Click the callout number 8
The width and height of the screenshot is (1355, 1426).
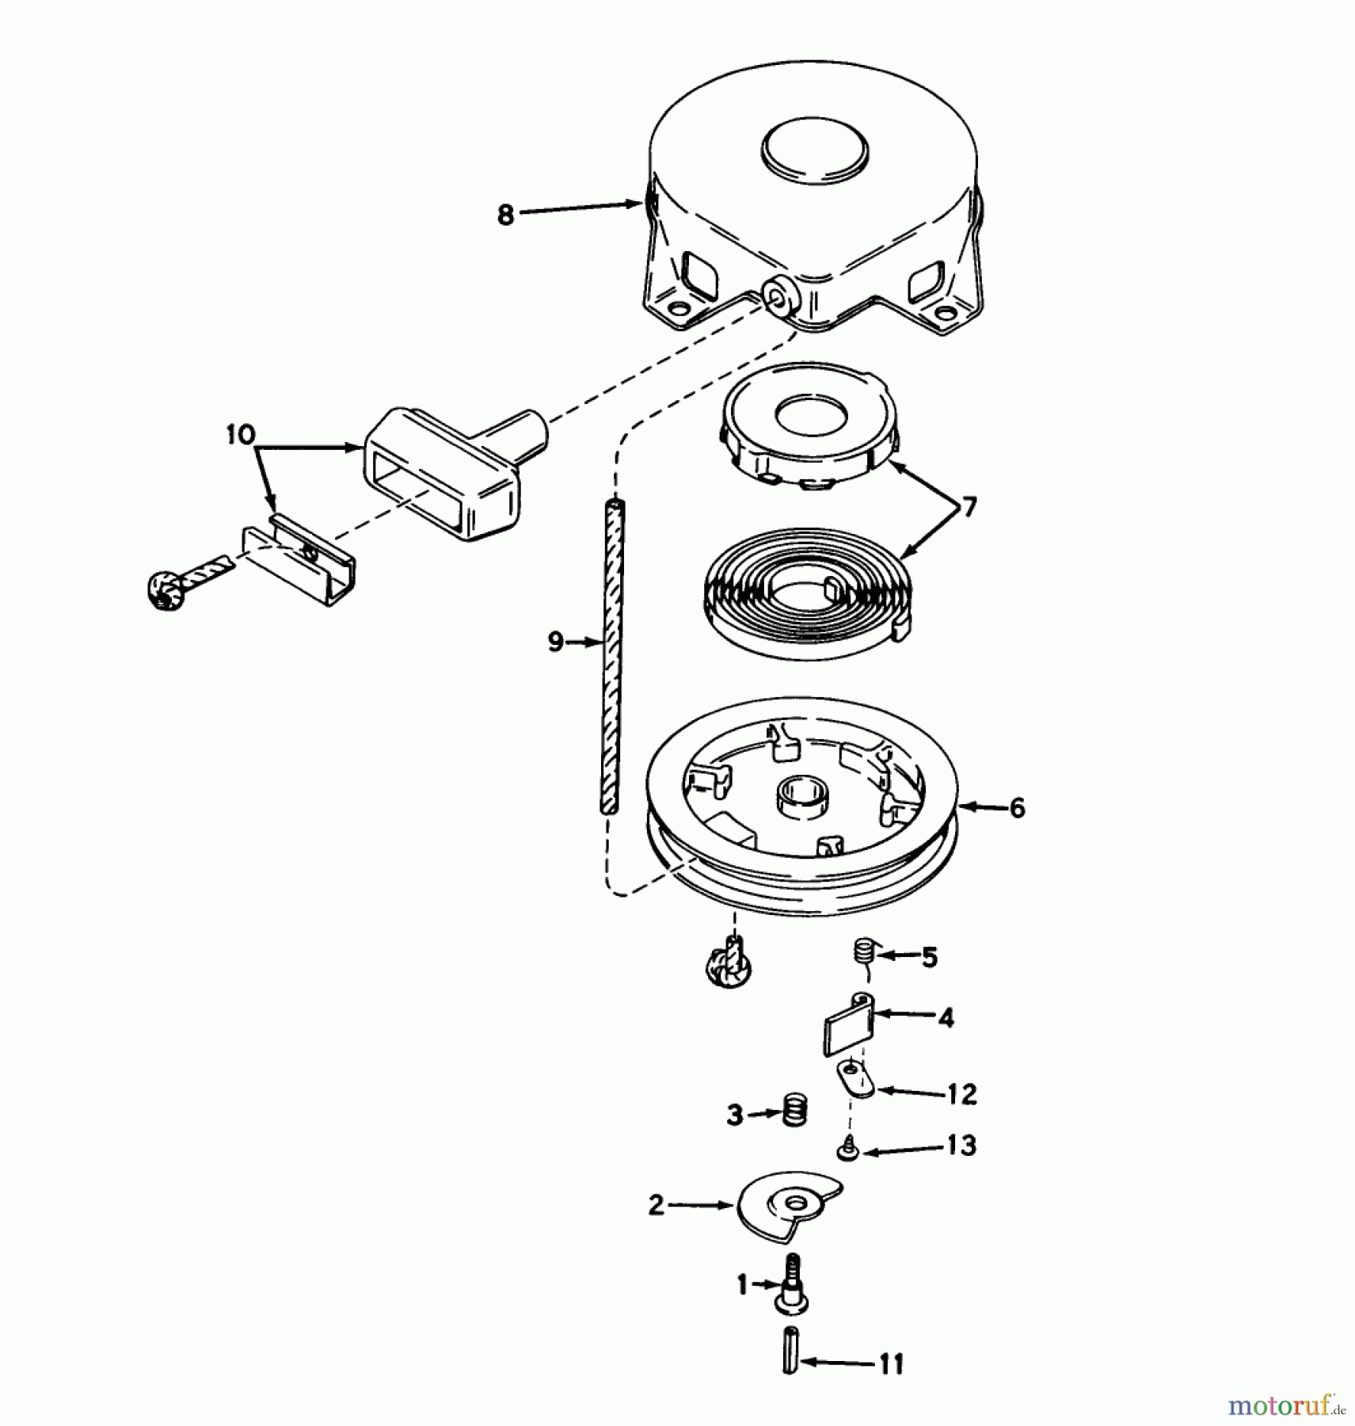[x=505, y=215]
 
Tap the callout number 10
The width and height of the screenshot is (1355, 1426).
[x=241, y=434]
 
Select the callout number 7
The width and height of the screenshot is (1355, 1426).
[x=968, y=506]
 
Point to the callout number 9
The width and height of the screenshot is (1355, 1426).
[x=556, y=641]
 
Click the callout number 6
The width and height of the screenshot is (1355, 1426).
[x=1017, y=808]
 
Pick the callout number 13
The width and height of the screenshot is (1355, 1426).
[x=961, y=1146]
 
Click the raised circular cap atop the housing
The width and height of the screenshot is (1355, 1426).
[x=814, y=150]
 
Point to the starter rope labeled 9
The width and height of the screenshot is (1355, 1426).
[x=611, y=658]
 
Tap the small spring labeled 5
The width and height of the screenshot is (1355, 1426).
[x=864, y=950]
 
